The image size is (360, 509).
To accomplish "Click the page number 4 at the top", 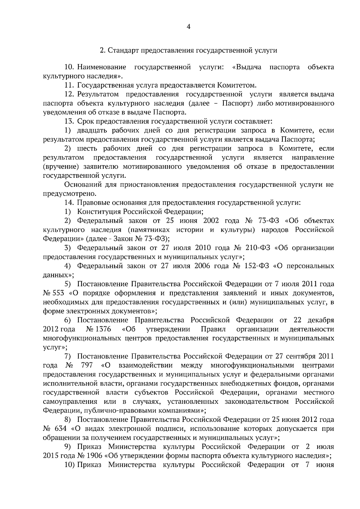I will coord(188,27).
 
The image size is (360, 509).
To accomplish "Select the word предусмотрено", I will coord(69,194).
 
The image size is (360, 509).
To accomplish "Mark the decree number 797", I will coord(87,365).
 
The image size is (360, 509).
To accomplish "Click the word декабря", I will coord(319,320).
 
